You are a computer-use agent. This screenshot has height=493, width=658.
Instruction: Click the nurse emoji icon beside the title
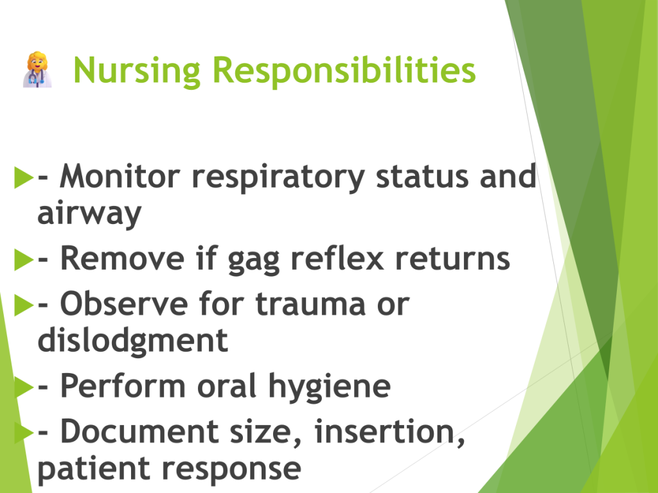pos(37,69)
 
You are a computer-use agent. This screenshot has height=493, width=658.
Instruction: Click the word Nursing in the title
pos(137,71)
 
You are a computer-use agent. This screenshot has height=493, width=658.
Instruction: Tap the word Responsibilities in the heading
pos(344,71)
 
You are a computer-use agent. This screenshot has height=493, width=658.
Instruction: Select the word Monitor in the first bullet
pos(120,176)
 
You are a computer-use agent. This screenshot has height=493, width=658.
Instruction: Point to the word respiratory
pos(278,178)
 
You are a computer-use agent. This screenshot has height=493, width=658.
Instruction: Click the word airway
pos(89,214)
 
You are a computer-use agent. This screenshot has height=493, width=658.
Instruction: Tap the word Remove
pos(122,258)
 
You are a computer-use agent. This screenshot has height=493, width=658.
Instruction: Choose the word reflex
pos(337,257)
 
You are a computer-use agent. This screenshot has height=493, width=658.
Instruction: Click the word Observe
pos(124,304)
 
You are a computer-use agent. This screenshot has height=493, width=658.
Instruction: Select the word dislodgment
pos(133,340)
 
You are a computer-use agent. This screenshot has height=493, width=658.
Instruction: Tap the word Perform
pos(123,386)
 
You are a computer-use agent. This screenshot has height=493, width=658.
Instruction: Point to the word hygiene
pos(330,387)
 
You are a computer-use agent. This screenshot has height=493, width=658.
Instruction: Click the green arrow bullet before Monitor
pos(24,177)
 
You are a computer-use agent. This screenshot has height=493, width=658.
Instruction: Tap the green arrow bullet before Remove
pos(24,259)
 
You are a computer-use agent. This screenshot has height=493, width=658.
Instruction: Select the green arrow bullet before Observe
pos(24,305)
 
